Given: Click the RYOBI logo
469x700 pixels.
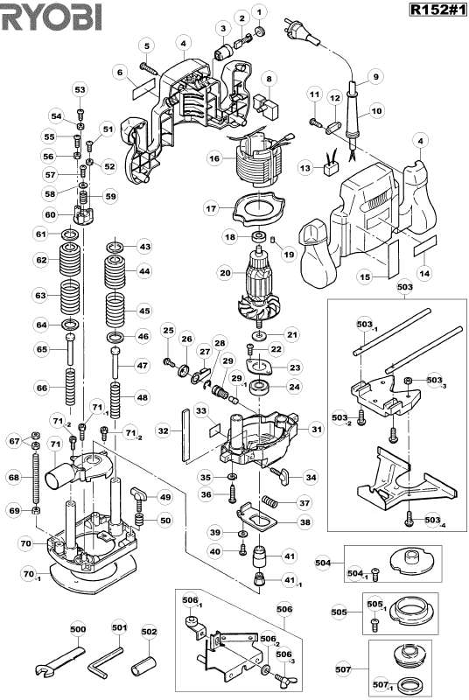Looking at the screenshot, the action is (52, 17).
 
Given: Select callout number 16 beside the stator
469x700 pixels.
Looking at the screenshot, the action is (215, 158).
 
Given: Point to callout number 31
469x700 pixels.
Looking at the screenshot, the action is (317, 430).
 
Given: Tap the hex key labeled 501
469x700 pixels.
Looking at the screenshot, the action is (106, 661).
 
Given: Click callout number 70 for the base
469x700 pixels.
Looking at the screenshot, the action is (26, 543).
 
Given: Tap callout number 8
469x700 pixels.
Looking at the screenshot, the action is (269, 79).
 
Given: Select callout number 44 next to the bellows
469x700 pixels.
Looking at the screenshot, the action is (144, 270).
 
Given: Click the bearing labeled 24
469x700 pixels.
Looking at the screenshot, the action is (258, 387).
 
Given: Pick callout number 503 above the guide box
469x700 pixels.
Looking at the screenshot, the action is (405, 287).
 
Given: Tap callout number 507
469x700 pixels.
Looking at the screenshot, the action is (343, 668).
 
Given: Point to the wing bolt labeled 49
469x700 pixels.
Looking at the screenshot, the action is (140, 498).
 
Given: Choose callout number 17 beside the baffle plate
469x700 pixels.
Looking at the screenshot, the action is (211, 208).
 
